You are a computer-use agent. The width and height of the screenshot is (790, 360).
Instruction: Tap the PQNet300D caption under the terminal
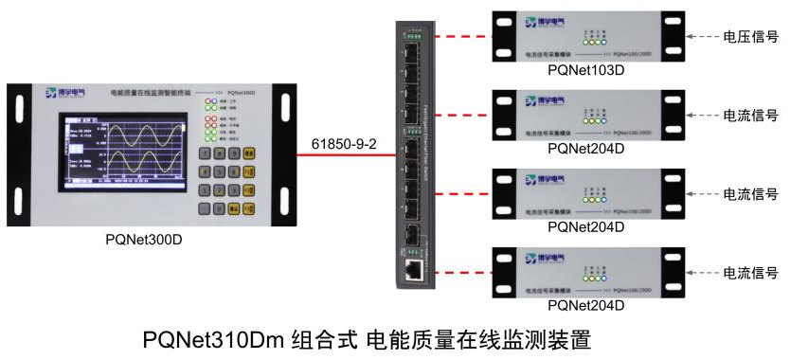pos(143,239)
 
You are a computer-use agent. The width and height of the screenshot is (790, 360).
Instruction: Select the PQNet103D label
pos(585,70)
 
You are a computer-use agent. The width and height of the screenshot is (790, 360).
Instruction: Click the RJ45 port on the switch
pos(414,269)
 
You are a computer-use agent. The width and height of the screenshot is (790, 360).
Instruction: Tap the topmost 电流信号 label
pos(751,115)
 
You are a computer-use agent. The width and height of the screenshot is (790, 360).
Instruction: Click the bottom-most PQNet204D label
pos(585,305)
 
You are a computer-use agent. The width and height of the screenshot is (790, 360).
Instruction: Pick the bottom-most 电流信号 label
pos(751,272)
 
